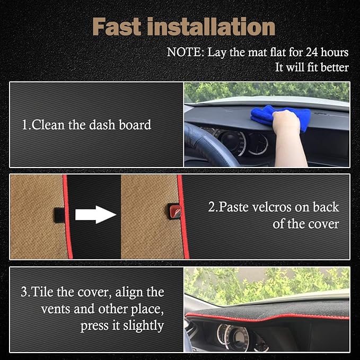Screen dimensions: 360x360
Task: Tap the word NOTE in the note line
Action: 184,52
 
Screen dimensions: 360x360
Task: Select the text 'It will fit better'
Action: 312,67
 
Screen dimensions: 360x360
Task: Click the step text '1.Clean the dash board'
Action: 86,125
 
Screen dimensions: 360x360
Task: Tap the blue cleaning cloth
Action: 276,117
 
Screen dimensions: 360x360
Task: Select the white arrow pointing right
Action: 95,215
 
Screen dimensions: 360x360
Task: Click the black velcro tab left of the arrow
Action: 59,214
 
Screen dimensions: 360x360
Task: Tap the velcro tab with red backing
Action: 173,210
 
